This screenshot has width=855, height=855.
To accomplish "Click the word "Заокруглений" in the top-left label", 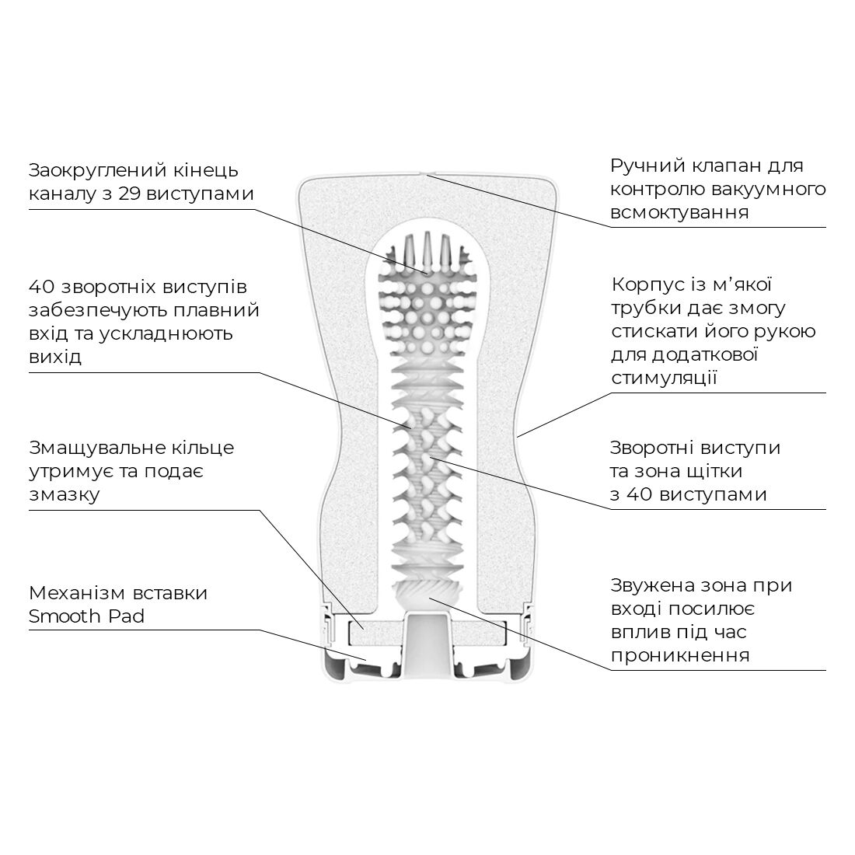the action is (94, 171).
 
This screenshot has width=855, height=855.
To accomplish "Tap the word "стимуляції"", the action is (664, 378).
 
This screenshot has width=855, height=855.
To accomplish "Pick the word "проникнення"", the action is (680, 655).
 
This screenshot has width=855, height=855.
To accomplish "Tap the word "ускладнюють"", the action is (166, 333).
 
